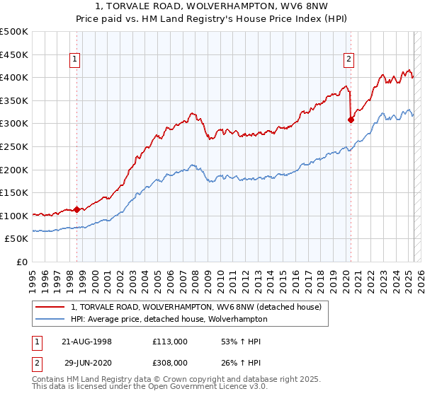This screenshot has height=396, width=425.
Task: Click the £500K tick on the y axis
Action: [x=14, y=32]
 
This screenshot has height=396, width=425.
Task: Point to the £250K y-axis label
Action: [x=14, y=146]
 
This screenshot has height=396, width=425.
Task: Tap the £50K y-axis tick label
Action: [x=17, y=239]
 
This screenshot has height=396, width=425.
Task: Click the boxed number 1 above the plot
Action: [x=75, y=60]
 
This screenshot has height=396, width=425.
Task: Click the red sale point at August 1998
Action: [x=77, y=209]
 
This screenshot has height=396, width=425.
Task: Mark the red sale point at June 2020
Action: [x=351, y=120]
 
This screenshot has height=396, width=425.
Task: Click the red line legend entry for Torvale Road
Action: [x=196, y=307]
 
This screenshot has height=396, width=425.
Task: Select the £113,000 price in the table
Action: [x=170, y=342]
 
